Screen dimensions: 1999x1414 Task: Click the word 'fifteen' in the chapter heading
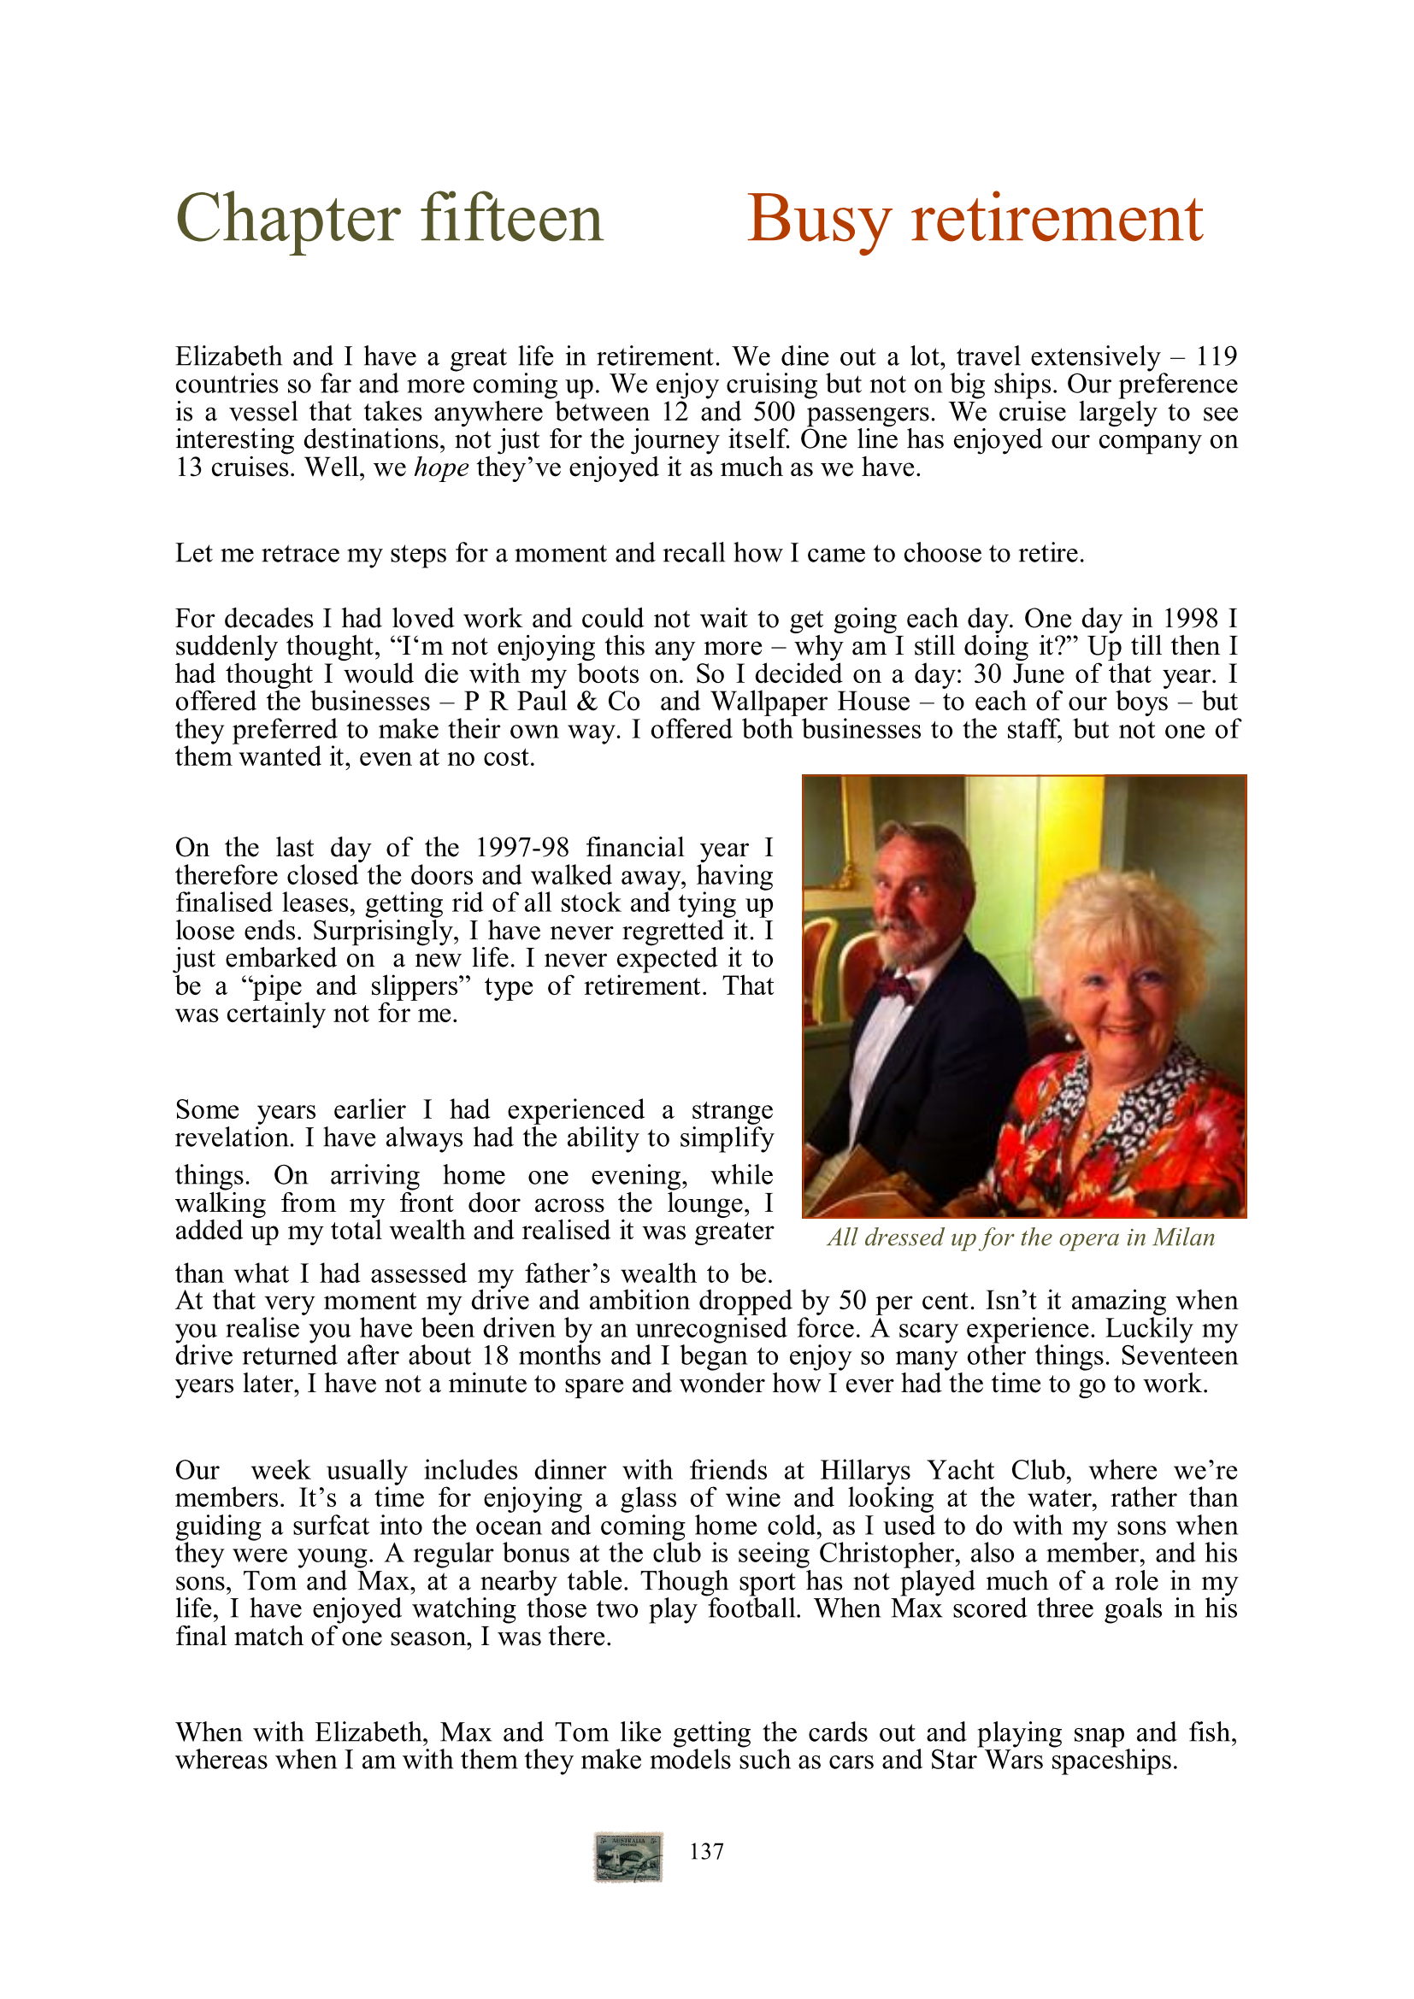512,219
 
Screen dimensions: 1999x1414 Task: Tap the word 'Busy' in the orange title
819,219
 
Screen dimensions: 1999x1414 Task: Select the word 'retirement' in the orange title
1056,219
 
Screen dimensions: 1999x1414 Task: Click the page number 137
706,1851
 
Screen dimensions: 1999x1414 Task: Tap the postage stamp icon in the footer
628,1856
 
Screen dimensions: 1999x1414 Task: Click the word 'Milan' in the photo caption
1183,1238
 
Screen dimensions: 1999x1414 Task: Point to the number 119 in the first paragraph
1216,357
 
